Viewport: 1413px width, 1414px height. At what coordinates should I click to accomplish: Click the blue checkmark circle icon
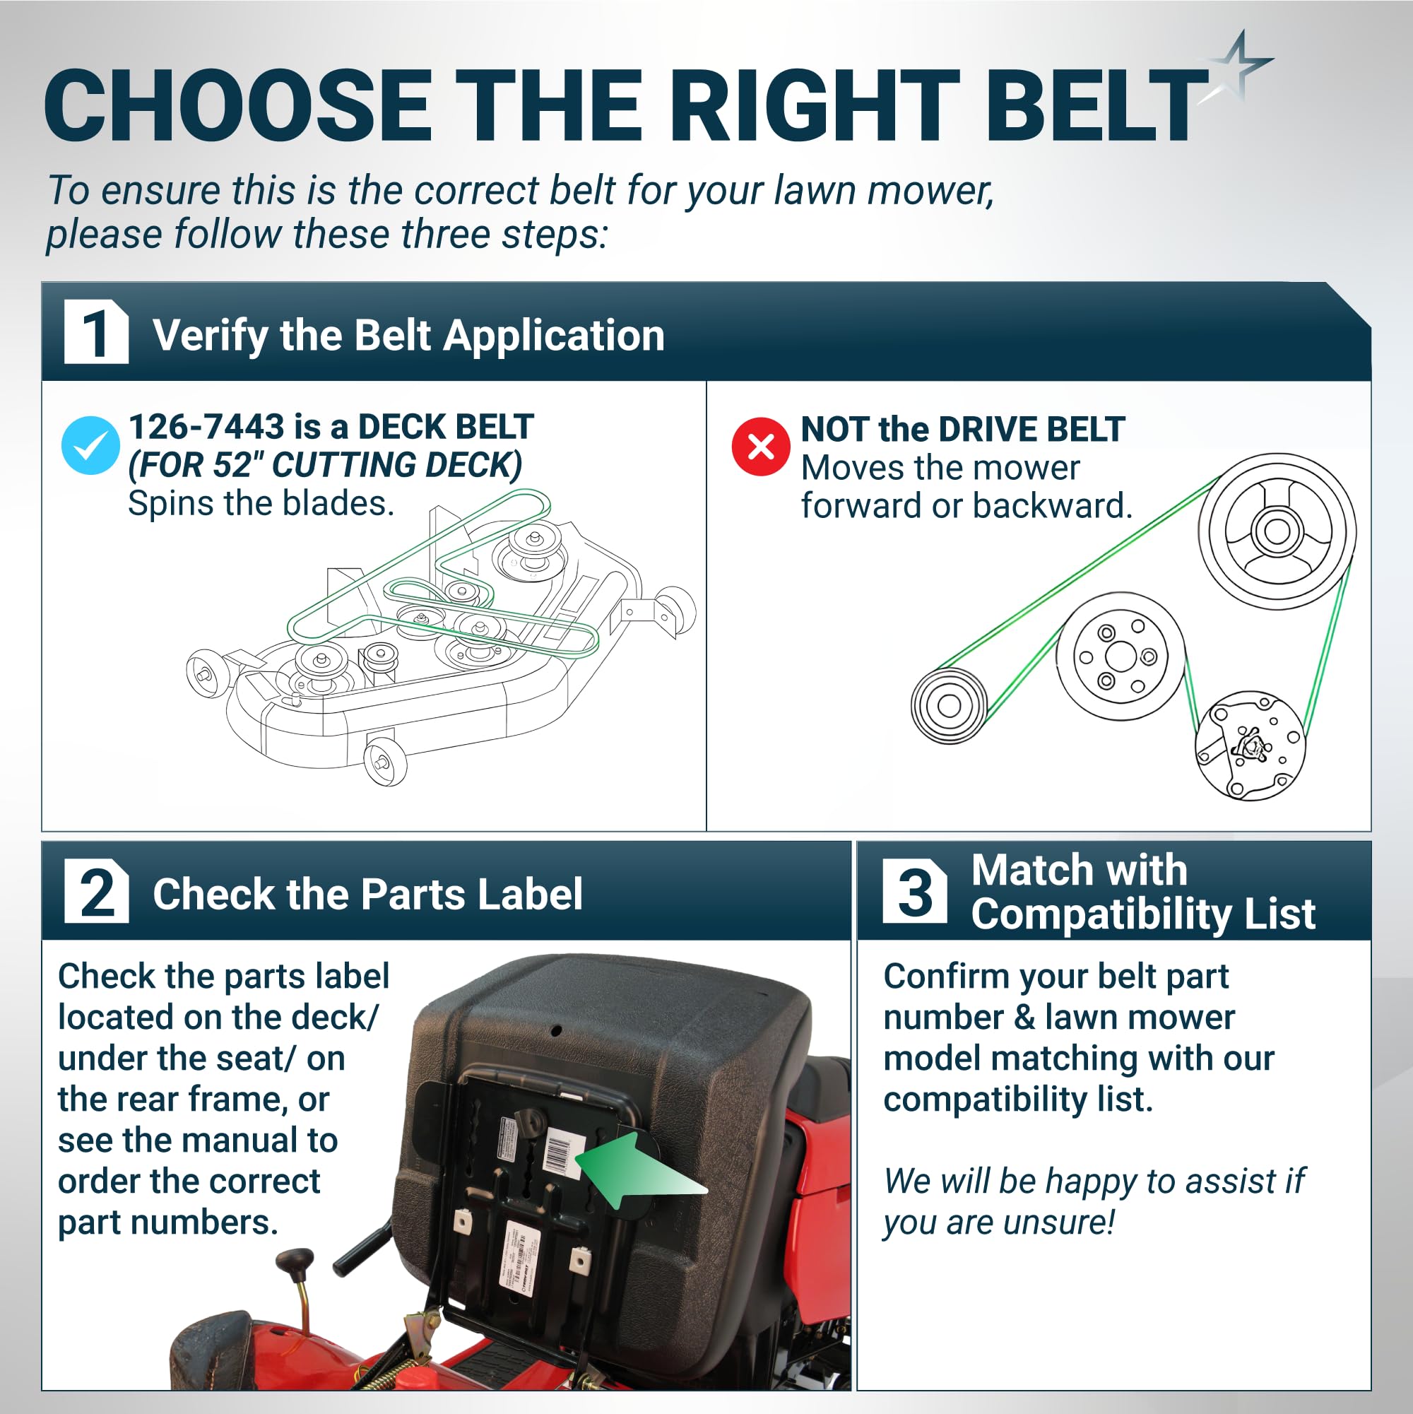click(x=90, y=445)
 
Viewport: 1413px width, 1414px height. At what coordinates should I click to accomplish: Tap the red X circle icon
click(x=761, y=447)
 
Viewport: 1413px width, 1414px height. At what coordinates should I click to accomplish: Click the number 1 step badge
click(x=97, y=331)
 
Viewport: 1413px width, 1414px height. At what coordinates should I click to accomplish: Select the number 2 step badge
click(x=97, y=890)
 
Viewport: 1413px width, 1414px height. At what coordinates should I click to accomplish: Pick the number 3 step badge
click(x=915, y=890)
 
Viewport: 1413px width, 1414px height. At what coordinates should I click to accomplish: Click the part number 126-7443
click(x=206, y=427)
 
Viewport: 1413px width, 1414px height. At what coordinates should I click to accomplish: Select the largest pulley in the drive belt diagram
click(x=1277, y=531)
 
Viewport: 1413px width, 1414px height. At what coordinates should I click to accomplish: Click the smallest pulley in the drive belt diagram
click(x=949, y=705)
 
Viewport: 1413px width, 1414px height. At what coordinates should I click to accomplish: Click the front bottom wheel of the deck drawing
click(x=385, y=762)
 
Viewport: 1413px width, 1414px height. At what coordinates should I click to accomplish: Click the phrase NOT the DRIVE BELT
click(x=963, y=429)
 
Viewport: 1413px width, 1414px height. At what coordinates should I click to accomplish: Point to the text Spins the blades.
click(x=261, y=504)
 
